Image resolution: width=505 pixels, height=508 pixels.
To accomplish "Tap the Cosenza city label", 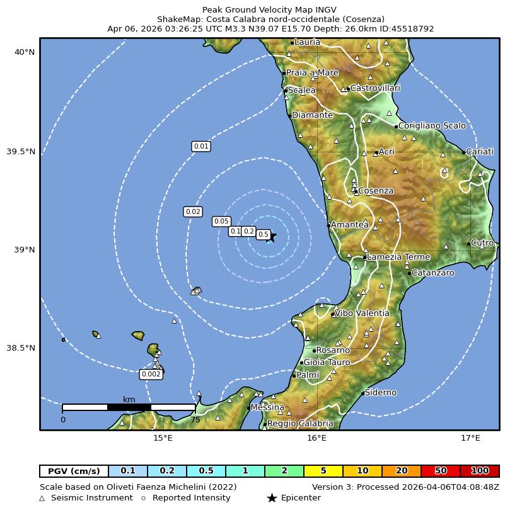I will [376, 191].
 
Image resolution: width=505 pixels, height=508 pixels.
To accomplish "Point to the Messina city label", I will [267, 408].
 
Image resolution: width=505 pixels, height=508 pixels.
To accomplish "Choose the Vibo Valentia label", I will [362, 313].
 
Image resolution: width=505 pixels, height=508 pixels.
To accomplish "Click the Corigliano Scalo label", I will [432, 126].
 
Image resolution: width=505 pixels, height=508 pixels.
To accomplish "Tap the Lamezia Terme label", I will [398, 257].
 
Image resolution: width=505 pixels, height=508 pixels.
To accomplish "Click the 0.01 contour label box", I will [200, 147].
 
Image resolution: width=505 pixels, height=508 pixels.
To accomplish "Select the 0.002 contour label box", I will [151, 374].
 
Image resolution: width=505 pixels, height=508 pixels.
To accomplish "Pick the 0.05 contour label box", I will [221, 221].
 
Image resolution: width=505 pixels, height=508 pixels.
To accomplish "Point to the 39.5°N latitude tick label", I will [25, 152].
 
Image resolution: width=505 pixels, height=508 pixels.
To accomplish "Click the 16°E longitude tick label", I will [316, 438].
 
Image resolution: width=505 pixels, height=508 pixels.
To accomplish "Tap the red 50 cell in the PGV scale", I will [441, 471].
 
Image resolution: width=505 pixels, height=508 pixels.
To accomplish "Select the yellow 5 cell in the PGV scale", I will [323, 471].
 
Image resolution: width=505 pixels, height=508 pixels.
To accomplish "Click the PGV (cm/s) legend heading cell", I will [74, 471].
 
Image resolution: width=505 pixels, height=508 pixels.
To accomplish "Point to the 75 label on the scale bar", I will [195, 420].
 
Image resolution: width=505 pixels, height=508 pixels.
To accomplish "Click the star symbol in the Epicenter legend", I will [272, 498].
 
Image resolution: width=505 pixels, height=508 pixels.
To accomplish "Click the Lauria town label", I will [307, 42].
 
